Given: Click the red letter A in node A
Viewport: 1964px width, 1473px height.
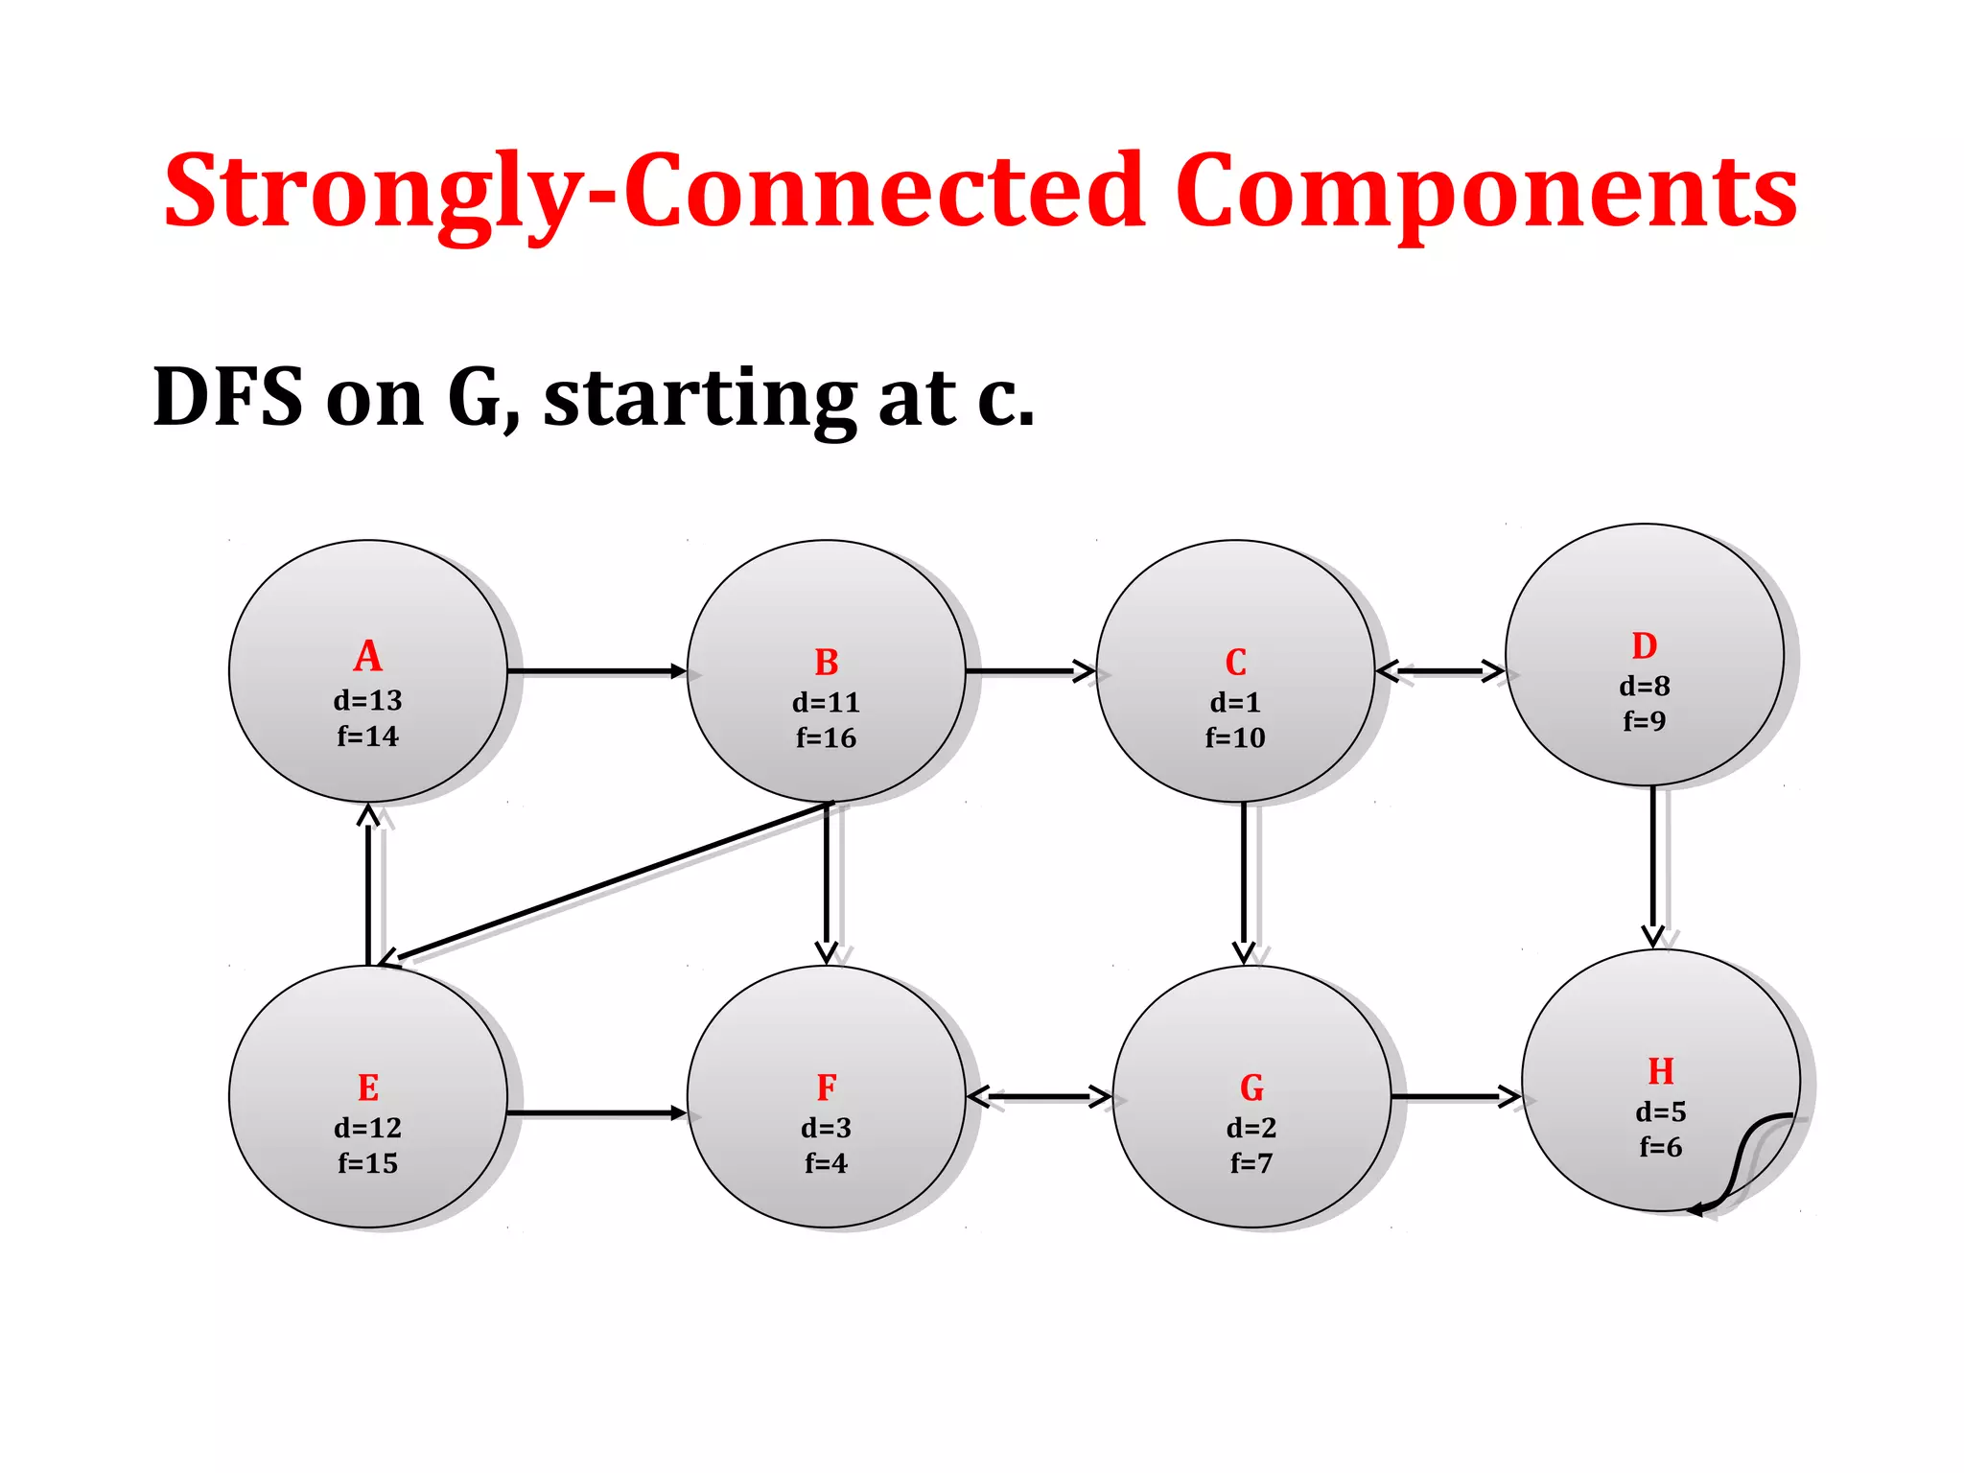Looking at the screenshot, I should pos(367,657).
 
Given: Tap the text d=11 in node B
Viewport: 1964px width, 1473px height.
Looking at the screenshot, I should pos(826,703).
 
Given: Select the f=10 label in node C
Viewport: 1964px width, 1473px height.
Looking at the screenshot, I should pos(1235,737).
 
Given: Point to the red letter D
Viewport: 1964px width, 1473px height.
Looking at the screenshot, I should pos(1644,646).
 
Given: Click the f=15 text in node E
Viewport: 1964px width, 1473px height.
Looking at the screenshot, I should pos(367,1163).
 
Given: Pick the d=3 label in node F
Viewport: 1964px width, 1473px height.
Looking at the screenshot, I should pos(826,1128).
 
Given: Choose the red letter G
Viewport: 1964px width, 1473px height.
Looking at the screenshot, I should pos(1251,1088).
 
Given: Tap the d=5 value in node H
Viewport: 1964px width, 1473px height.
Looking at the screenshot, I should pos(1660,1112).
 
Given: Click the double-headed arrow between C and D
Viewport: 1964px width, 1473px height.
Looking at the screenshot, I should pos(1439,671).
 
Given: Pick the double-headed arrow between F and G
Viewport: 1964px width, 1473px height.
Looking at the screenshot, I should pos(1039,1096).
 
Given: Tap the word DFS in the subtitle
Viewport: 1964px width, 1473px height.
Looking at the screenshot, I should pos(228,397).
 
